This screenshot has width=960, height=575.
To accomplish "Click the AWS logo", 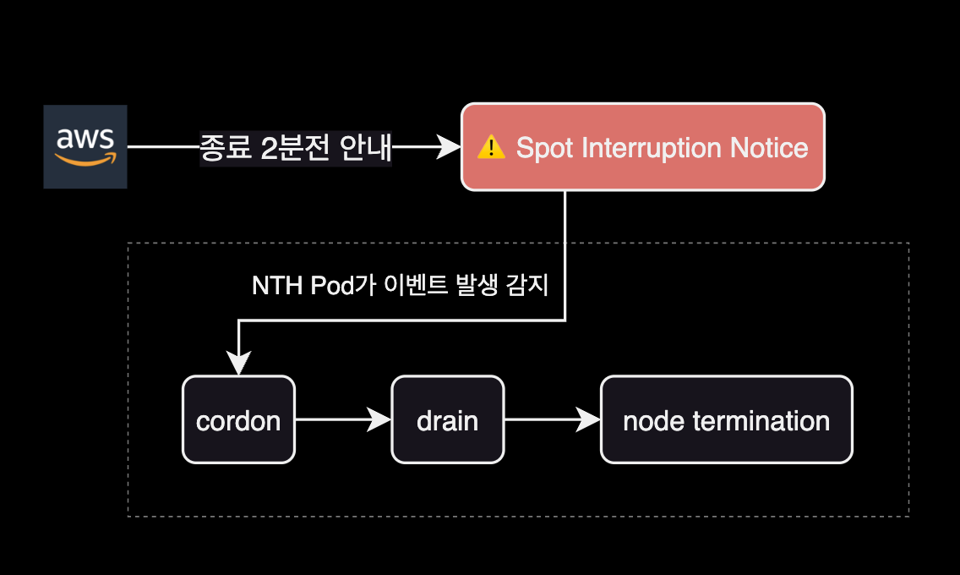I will click(85, 146).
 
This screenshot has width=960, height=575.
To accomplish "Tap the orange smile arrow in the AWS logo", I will click(85, 160).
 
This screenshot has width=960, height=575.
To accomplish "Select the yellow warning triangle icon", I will click(491, 148).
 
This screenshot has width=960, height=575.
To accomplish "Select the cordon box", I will click(238, 420).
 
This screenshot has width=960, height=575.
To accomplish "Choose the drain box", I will click(447, 420).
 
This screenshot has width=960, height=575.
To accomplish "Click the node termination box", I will click(726, 420).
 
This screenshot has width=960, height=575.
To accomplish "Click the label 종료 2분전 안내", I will click(296, 148).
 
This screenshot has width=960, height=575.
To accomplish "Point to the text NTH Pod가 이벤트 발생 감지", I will click(400, 286).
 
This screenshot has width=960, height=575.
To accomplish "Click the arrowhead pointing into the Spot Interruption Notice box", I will click(447, 148).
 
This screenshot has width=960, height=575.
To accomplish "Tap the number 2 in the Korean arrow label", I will click(269, 148).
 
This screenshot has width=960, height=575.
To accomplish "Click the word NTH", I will click(270, 286).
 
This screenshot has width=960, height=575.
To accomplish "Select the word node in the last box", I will click(650, 420).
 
